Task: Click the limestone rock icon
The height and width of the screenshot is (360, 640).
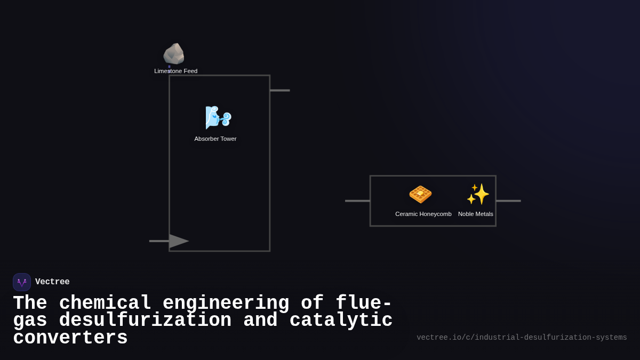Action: coord(174,54)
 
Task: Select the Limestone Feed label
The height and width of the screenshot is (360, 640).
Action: coord(175,71)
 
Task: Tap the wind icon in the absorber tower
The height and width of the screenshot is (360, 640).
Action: coord(218,117)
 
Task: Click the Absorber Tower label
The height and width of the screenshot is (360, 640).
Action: coord(215,139)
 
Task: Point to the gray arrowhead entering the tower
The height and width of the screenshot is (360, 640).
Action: coord(179,241)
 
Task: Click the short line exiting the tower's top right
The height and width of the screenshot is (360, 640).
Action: coord(280,90)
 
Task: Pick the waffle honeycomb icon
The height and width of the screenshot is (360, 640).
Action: coord(420,194)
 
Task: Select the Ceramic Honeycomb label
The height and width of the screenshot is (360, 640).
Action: coord(423,214)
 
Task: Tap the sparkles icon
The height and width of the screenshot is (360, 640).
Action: coord(478,194)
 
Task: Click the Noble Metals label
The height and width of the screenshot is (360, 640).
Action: coord(475,214)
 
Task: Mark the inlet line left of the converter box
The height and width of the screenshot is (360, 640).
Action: coord(357,201)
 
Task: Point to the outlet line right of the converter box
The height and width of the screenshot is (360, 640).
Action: coord(508,201)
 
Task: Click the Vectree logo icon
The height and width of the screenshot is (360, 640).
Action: coord(22,282)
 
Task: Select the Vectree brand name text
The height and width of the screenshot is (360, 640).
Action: coord(52,282)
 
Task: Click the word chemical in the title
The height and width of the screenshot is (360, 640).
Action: coord(105,303)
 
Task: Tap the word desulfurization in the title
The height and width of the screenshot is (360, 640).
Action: coord(145,321)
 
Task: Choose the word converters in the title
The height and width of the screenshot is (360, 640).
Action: coord(70,338)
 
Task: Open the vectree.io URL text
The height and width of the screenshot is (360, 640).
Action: coord(522,338)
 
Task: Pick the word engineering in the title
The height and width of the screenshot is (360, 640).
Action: coord(226,303)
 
